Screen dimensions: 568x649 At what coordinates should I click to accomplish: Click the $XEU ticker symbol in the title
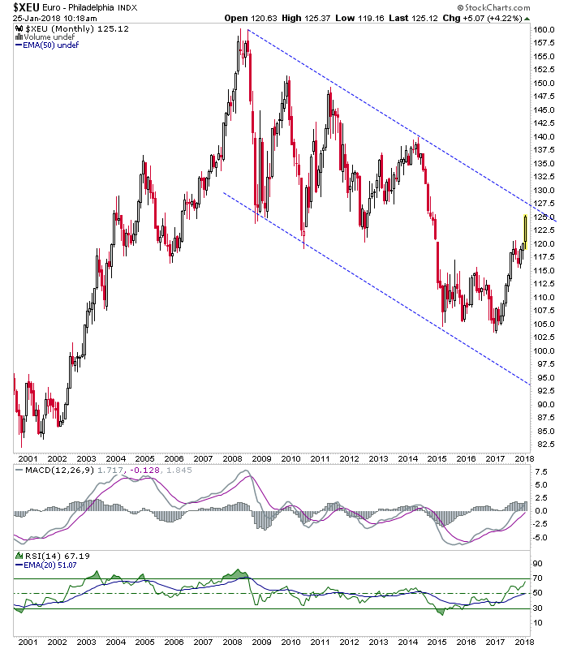coord(26,7)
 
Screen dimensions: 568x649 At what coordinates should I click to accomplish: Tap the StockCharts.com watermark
coord(493,7)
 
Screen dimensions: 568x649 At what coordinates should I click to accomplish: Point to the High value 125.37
coord(317,18)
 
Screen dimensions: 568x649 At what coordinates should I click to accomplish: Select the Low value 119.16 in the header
coord(371,18)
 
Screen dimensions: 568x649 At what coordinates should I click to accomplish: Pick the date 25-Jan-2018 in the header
coord(35,18)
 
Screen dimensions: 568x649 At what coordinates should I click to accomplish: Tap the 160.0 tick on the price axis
coord(544,29)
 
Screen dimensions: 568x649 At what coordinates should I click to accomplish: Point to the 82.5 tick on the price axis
coord(545,444)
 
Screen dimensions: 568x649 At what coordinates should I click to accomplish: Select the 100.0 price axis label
coord(544,350)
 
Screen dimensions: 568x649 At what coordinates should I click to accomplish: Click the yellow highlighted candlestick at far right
coord(525,232)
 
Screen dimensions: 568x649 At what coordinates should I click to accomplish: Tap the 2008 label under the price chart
coord(232,458)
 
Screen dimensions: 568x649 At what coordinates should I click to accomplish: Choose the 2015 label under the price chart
coord(437,458)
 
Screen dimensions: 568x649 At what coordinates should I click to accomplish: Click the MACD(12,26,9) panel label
coord(59,471)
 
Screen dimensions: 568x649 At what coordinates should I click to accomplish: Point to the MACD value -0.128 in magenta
coord(145,471)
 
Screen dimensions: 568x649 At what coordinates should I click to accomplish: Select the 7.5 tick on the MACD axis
coord(541,472)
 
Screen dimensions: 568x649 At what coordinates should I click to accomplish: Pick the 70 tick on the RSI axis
coord(537,578)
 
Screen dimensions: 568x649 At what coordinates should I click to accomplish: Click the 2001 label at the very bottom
coord(28,642)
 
